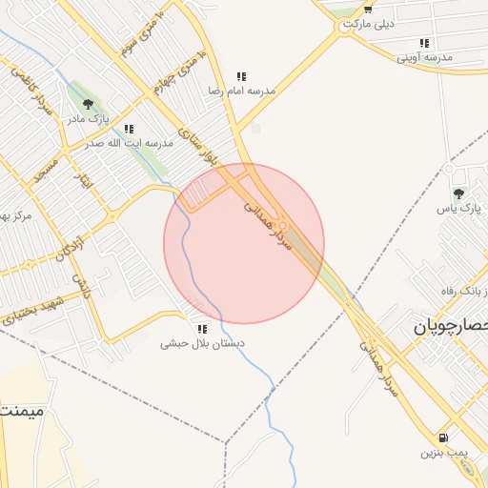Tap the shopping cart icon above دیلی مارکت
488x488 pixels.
tap(368, 9)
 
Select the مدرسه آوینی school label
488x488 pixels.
tap(425, 58)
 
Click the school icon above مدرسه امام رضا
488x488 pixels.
tap(242, 76)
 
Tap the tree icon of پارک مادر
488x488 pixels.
tap(89, 104)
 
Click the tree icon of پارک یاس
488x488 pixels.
tap(458, 193)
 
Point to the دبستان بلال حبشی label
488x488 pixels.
tap(202, 342)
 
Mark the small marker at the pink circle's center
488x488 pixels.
tap(281, 225)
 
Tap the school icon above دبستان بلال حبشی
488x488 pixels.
tap(201, 328)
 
